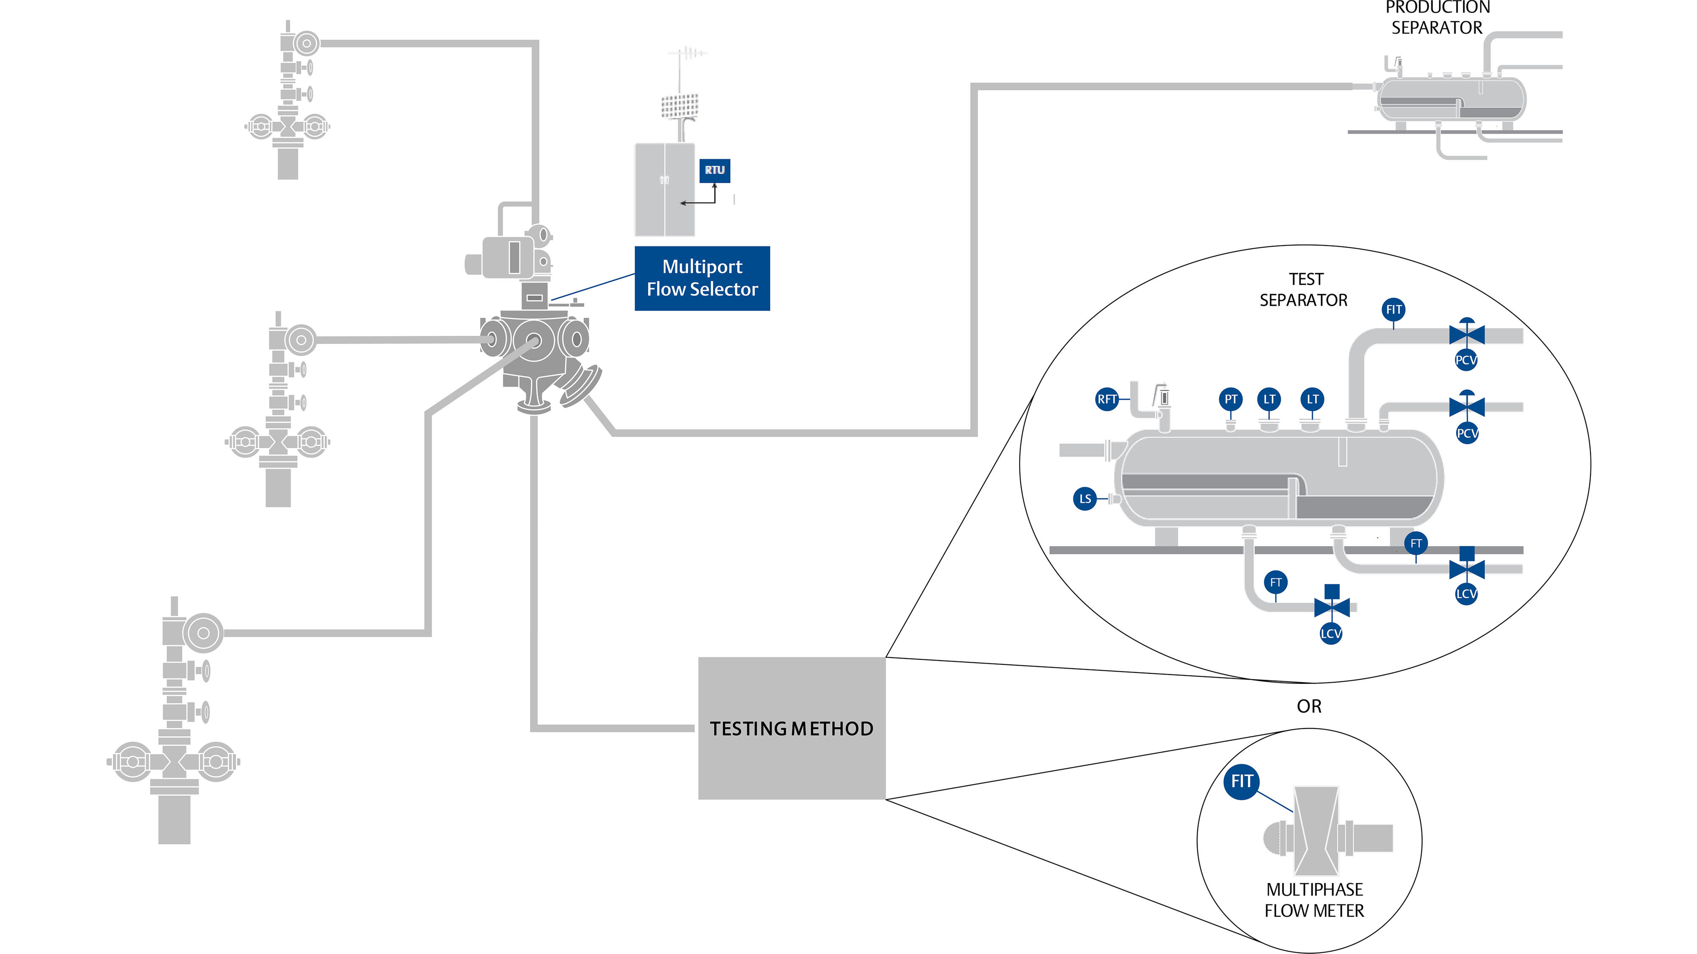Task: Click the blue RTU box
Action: [x=714, y=170]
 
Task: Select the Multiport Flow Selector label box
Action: [x=702, y=278]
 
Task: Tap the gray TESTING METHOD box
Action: [x=791, y=728]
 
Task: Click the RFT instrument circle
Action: [x=1107, y=399]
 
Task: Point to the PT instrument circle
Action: [x=1231, y=399]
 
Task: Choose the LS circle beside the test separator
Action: [x=1085, y=498]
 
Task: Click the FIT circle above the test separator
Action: [x=1393, y=310]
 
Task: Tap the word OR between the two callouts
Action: [x=1309, y=706]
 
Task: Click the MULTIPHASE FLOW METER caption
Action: [x=1314, y=900]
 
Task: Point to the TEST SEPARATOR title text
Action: [x=1304, y=290]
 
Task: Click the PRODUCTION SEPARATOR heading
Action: [x=1437, y=18]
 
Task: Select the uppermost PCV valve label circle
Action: [x=1466, y=360]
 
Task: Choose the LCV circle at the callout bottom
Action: [x=1331, y=633]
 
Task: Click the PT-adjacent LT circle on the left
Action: [x=1269, y=399]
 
